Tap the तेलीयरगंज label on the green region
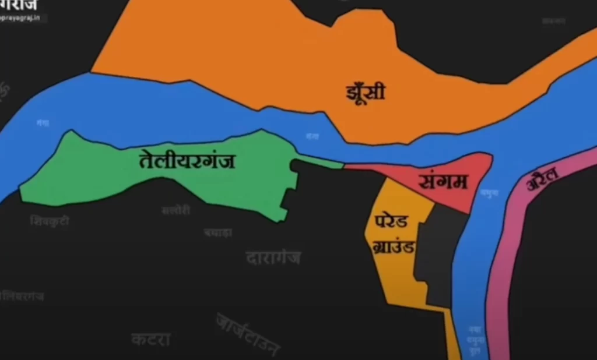tap(187, 160)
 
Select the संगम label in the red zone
tap(444, 182)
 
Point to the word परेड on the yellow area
tap(392, 222)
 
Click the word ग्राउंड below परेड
tap(394, 246)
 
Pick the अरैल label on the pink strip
tap(543, 178)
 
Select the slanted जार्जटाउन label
tap(248, 334)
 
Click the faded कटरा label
tap(150, 339)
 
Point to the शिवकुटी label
tap(50, 221)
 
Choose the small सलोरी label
tap(175, 210)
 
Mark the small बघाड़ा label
tap(218, 232)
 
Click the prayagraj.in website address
tap(23, 18)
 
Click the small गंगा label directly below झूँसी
tap(312, 136)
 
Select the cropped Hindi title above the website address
tap(20, 5)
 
